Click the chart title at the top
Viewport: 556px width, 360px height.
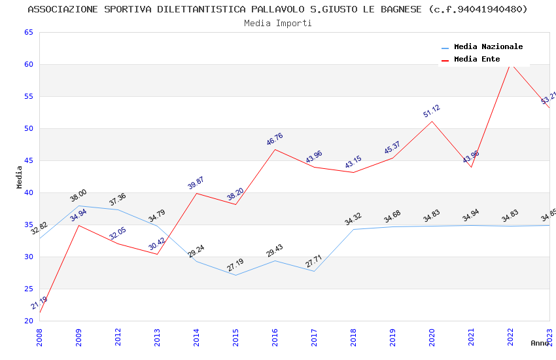click(x=277, y=9)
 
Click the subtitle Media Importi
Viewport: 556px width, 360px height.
click(x=277, y=23)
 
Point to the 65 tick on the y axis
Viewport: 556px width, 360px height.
click(x=27, y=32)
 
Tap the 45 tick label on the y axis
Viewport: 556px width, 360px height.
click(x=27, y=160)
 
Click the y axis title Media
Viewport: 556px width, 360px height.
click(x=20, y=177)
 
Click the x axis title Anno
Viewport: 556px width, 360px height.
click(x=540, y=343)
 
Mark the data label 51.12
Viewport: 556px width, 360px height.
click(x=431, y=111)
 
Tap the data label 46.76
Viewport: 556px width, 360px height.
click(x=274, y=139)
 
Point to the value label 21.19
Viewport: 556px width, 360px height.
click(x=39, y=303)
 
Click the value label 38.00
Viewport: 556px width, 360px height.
click(x=78, y=195)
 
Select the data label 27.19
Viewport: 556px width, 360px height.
click(x=235, y=265)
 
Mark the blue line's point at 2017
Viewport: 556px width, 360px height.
click(x=314, y=271)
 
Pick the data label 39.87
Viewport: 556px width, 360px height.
click(x=196, y=183)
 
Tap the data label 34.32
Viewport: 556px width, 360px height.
click(x=353, y=219)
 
